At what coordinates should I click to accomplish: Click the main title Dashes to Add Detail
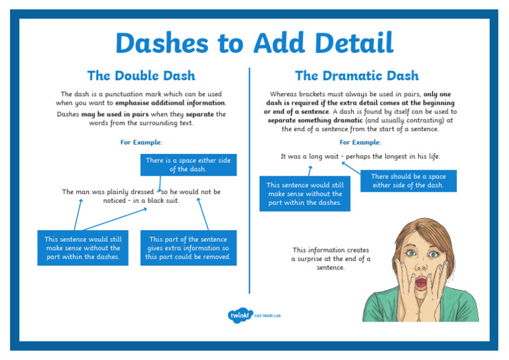(x=254, y=44)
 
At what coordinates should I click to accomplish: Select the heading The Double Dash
(x=141, y=76)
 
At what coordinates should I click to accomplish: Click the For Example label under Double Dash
(x=141, y=143)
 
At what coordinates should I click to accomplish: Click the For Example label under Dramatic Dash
(x=360, y=143)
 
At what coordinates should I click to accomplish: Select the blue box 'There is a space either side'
(x=188, y=164)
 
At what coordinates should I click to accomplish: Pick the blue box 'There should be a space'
(x=408, y=180)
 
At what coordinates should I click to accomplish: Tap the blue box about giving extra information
(x=188, y=248)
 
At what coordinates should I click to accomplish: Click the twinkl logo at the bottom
(x=238, y=316)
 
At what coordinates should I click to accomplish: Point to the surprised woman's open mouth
(x=422, y=284)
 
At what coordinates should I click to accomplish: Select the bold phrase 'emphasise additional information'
(x=170, y=103)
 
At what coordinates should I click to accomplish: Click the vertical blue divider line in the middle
(x=250, y=179)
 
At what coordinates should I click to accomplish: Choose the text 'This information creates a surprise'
(x=331, y=255)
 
